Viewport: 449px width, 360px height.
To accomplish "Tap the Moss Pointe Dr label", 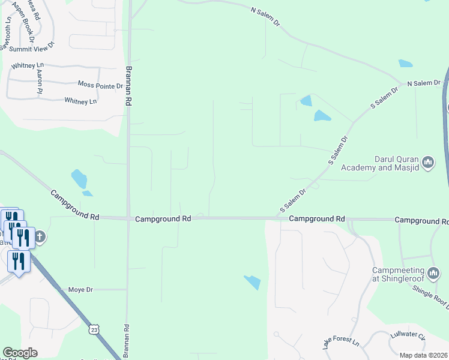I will (x=100, y=85).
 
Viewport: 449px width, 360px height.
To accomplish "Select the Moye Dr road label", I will (x=80, y=290).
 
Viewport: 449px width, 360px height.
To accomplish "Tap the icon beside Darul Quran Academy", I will (x=428, y=163).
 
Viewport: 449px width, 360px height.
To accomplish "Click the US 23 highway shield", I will (x=93, y=329).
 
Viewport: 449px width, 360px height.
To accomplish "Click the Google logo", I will (x=20, y=353).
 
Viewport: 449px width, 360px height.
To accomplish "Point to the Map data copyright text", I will (x=423, y=355).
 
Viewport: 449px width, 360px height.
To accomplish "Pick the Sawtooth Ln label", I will (x=6, y=37).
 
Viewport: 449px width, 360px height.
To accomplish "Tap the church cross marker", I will (x=40, y=236).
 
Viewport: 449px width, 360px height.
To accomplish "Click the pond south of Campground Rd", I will (x=253, y=281).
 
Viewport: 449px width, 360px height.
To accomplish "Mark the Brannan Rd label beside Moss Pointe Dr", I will (x=128, y=85).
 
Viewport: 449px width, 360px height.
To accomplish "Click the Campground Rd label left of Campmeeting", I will (x=316, y=219).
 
